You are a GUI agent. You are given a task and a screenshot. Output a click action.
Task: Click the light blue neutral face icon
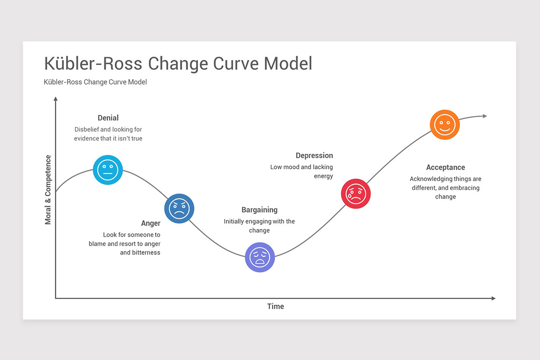[x=108, y=170]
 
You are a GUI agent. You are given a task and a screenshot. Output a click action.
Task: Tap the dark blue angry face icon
[x=179, y=209]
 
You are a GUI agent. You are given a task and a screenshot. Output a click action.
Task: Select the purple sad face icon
[x=260, y=257]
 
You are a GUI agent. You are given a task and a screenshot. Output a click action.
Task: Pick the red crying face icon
[x=356, y=194]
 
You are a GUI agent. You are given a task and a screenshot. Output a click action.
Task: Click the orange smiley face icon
[x=445, y=125]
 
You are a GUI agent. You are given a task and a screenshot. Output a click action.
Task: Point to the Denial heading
[x=108, y=118]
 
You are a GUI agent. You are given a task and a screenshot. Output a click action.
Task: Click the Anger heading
[x=151, y=223]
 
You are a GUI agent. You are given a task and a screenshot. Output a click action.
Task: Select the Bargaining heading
[x=259, y=210]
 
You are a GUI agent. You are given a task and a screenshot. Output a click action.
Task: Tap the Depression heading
[x=314, y=156]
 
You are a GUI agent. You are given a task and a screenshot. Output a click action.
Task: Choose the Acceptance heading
[x=445, y=167]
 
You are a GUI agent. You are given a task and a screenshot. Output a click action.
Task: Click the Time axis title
[x=275, y=306]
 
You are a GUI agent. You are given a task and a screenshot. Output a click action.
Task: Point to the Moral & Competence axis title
[x=48, y=189]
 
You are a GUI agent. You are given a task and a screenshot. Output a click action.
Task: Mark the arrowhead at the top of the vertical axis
[x=55, y=99]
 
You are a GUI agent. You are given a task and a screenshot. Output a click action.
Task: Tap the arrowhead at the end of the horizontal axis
[x=493, y=298]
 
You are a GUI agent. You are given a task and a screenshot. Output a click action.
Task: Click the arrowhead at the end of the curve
[x=485, y=116]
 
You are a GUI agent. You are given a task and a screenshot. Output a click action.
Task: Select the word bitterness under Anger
[x=146, y=252]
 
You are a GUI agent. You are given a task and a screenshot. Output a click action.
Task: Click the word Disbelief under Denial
[x=88, y=130]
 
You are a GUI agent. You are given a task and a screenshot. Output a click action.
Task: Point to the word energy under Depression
[x=323, y=176]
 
